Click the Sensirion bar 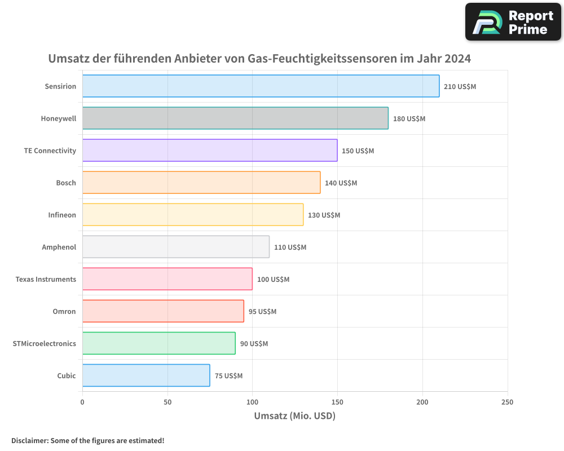click(x=261, y=86)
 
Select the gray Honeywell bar click(x=235, y=118)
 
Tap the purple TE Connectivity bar click(x=210, y=151)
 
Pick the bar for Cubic click(x=146, y=375)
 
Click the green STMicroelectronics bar click(x=158, y=343)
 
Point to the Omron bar click(x=163, y=311)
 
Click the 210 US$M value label click(x=460, y=87)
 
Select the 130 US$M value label click(x=324, y=215)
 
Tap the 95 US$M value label click(x=262, y=312)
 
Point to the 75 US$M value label click(x=228, y=376)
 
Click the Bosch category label click(x=66, y=183)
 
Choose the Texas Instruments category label click(x=46, y=279)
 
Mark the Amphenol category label click(x=59, y=247)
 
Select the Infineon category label click(x=62, y=215)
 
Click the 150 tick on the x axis click(x=337, y=402)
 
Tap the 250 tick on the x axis click(x=507, y=402)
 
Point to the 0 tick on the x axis click(x=82, y=402)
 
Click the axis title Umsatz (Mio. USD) click(x=294, y=416)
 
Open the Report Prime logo click(x=513, y=22)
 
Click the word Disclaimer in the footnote click(x=29, y=440)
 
